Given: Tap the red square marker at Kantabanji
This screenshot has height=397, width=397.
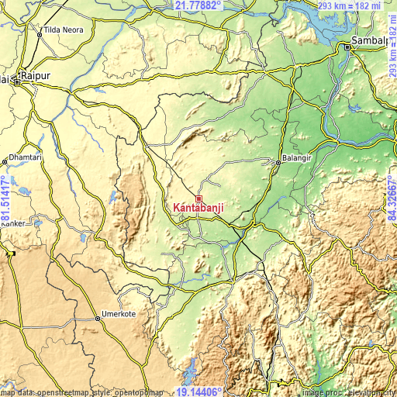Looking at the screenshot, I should (x=198, y=198).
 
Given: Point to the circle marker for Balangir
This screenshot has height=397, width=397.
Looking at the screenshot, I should (x=278, y=162).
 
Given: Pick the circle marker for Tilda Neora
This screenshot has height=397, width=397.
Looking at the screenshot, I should (x=39, y=34).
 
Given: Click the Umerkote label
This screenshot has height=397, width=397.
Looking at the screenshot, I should (x=121, y=316).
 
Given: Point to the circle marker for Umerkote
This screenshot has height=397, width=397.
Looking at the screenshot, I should (x=98, y=316).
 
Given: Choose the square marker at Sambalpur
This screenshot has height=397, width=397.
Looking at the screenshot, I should (x=348, y=47).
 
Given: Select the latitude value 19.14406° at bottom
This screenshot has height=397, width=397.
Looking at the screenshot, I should (x=198, y=392).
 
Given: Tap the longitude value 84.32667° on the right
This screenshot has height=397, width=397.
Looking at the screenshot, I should (x=391, y=198).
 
